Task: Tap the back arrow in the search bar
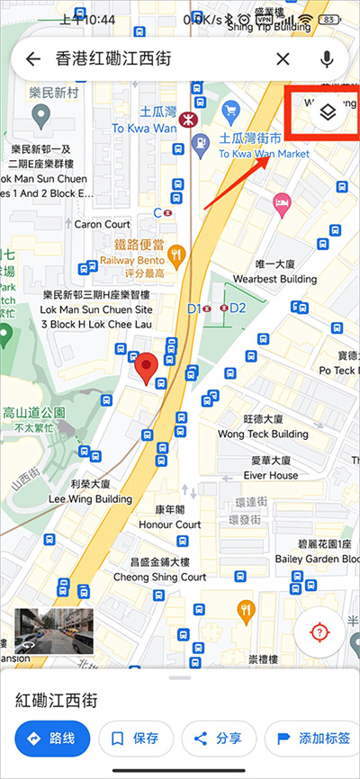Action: click(33, 59)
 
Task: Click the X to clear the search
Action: click(283, 59)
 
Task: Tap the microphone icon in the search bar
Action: click(327, 59)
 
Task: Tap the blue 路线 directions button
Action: click(52, 739)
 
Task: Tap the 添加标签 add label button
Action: click(313, 739)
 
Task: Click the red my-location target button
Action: click(319, 631)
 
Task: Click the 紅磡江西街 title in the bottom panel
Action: click(56, 699)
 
